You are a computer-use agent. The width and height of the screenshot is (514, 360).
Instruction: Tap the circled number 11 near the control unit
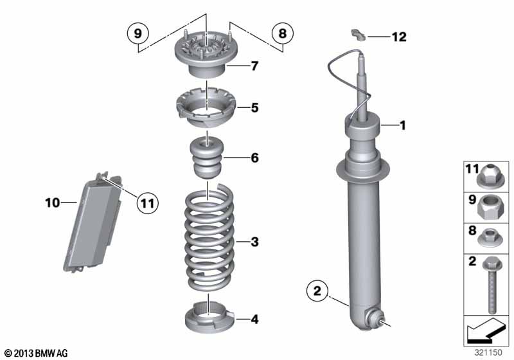148,203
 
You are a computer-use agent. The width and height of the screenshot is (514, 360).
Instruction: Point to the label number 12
399,38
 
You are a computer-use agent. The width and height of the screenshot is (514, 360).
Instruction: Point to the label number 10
51,203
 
